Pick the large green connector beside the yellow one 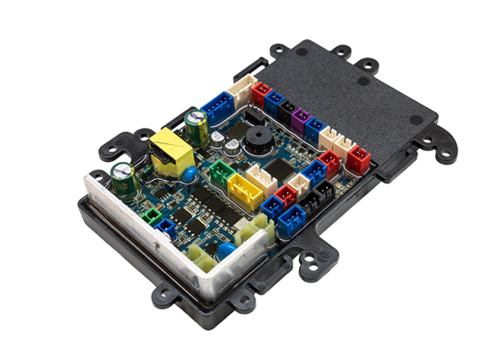pyautogui.click(x=222, y=175)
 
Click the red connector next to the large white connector pyautogui.click(x=261, y=91)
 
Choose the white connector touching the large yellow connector pyautogui.click(x=266, y=179)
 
